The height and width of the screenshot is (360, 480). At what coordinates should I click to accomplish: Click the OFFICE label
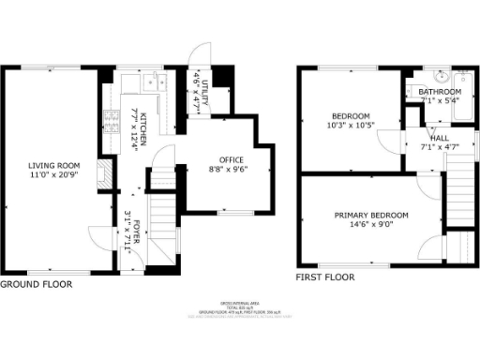click(231, 160)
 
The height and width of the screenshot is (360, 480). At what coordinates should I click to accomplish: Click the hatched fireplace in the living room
click(105, 176)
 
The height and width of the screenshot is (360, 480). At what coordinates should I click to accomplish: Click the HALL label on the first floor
click(439, 137)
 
